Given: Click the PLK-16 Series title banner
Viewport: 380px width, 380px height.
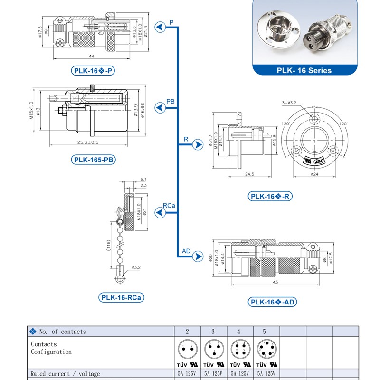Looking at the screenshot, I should point(304,70).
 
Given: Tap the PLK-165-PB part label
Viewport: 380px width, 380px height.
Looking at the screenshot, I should point(94,160).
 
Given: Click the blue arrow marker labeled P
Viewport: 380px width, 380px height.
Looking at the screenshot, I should point(161,29).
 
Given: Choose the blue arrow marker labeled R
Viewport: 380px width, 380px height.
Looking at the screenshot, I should point(197,147).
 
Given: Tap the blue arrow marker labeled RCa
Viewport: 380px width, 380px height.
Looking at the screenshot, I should point(161,214).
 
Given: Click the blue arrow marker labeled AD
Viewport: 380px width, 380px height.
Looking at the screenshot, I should point(197,257).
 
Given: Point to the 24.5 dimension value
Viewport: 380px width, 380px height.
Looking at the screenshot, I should point(249,174).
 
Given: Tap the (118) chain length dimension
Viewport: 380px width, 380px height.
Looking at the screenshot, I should point(109,246).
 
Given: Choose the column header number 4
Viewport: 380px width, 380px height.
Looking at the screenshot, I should point(239,331).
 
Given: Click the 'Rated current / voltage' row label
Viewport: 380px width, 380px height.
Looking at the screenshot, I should point(65,374).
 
